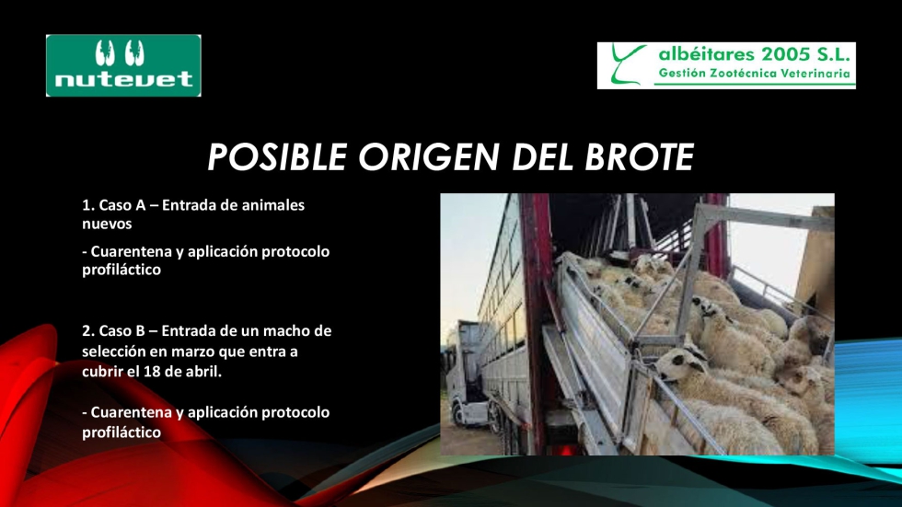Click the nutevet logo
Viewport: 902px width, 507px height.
coord(123,65)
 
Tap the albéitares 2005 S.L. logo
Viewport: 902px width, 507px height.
coord(726,65)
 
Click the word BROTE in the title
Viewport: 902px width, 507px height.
coord(639,157)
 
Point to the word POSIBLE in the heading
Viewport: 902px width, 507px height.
coord(277,157)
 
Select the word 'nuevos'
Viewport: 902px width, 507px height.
coord(107,225)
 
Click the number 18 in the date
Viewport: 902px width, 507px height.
coord(152,372)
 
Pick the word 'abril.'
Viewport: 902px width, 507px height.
coord(203,372)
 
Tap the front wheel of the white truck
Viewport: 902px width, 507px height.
coord(459,414)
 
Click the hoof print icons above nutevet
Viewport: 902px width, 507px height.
coord(120,52)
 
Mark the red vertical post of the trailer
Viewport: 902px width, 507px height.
coord(536,322)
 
